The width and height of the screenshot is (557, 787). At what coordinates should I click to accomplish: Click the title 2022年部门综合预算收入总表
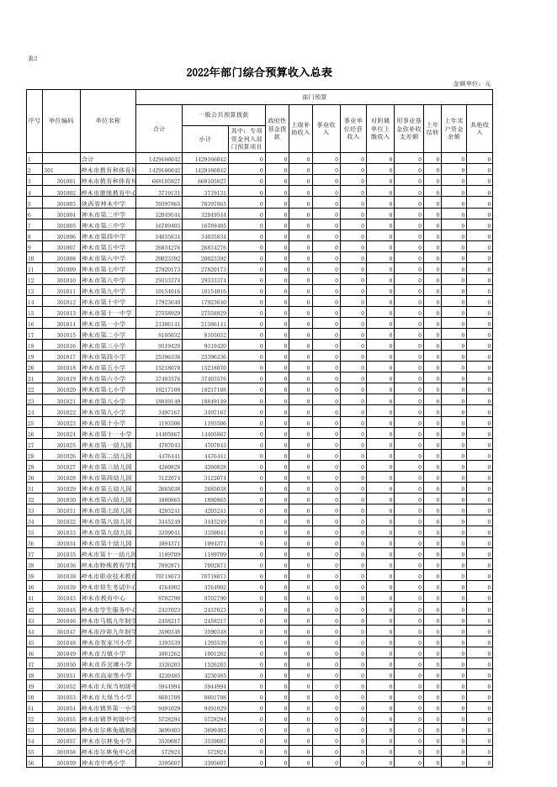click(259, 73)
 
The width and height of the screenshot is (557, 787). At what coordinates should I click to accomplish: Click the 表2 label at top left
click(33, 58)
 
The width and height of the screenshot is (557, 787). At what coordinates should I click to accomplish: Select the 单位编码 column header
click(61, 120)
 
